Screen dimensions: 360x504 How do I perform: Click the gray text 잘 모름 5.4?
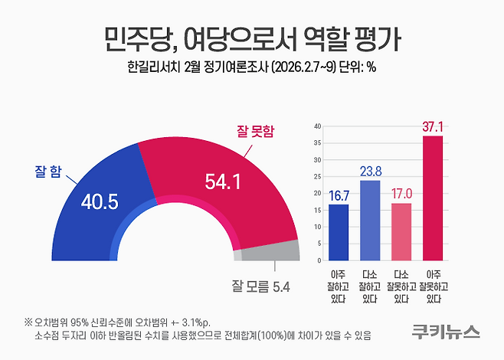tap(260, 287)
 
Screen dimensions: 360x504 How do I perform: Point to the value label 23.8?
tap(370, 169)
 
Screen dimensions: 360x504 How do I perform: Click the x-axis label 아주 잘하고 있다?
tap(338, 285)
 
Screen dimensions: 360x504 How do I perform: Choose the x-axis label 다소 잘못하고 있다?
tap(401, 285)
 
